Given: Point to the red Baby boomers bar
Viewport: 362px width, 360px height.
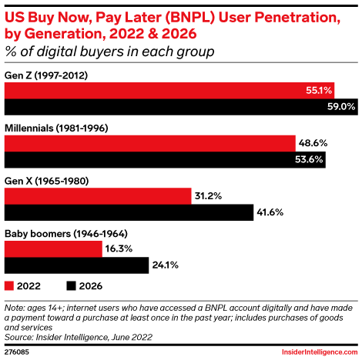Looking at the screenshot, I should (53, 249).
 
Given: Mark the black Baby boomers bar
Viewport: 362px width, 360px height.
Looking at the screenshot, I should (76, 265).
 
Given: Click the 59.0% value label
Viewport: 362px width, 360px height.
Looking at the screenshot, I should (340, 106).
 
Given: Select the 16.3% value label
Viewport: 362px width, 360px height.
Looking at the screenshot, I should (120, 249).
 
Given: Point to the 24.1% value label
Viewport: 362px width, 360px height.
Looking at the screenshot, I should (166, 265).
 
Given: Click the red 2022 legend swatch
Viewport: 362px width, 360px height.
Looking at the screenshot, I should (10, 285).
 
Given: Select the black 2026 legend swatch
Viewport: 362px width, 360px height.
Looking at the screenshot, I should (72, 285).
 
